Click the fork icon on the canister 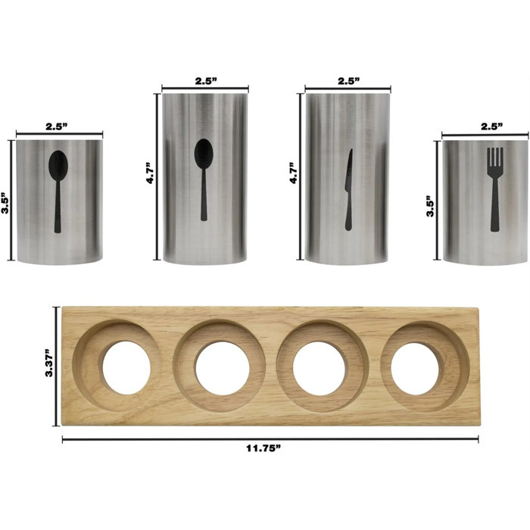click(x=494, y=189)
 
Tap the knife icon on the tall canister click(x=349, y=189)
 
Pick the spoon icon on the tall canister click(x=204, y=178)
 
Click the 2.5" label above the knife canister click(x=348, y=79)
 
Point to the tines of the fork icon click(x=494, y=159)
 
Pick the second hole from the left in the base click(x=222, y=367)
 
